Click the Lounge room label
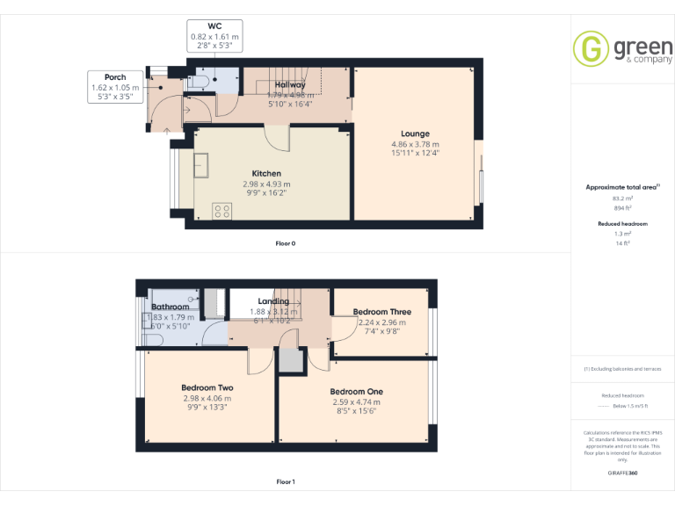coord(415,134)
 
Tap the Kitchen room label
coord(266,173)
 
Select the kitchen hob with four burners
coord(222,210)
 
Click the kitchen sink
coord(200,164)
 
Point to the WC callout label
coord(215,26)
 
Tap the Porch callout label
coord(115,77)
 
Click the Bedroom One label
coord(356,392)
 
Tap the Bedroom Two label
coord(207,387)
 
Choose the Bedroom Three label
coord(381,312)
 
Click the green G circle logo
coord(590,48)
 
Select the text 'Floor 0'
coord(286,242)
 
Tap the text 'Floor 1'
coord(286,481)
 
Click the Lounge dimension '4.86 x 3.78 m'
coord(415,144)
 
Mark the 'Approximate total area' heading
coord(621,187)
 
